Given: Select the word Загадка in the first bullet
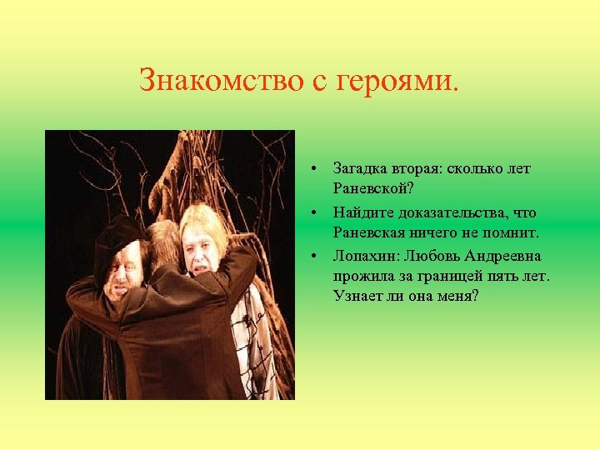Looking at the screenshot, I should tap(359, 168).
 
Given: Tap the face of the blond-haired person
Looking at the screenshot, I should tap(202, 246).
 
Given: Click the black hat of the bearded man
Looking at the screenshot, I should tap(118, 239).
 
